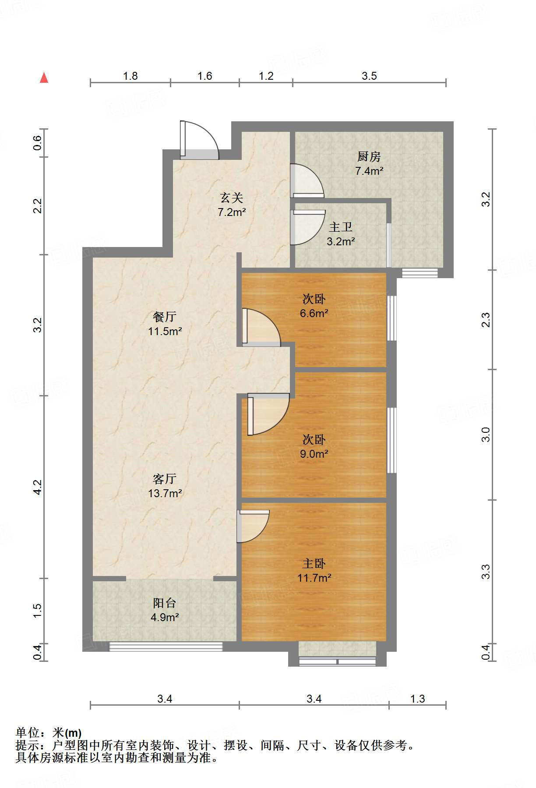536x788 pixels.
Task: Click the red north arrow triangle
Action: [x=44, y=78]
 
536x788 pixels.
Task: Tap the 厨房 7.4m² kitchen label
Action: [x=369, y=163]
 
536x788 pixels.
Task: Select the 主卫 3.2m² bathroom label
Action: [x=341, y=234]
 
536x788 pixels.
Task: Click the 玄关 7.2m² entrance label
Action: [x=232, y=205]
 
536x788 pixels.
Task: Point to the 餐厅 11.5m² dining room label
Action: [x=165, y=324]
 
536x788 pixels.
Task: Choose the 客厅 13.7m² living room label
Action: [x=165, y=486]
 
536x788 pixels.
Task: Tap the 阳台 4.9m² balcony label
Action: [x=165, y=610]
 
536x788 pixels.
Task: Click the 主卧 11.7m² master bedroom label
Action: [x=314, y=570]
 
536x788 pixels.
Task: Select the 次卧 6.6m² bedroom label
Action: [x=314, y=306]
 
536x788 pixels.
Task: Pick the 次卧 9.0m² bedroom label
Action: [x=314, y=446]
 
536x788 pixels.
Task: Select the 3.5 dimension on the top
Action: [x=369, y=76]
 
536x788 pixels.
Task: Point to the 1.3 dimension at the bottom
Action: [x=417, y=699]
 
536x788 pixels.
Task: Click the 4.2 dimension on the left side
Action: [x=38, y=487]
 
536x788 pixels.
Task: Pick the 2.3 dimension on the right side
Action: [x=486, y=320]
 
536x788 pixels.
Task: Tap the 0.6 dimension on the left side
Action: [x=38, y=143]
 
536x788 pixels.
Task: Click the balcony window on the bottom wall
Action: [x=166, y=647]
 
